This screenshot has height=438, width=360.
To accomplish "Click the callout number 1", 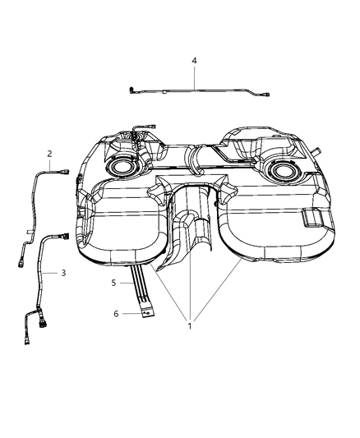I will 191,325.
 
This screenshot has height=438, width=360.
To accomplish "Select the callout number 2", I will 50,154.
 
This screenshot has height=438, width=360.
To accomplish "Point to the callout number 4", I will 195,60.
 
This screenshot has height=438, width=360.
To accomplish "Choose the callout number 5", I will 115,282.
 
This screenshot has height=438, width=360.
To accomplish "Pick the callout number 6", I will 115,313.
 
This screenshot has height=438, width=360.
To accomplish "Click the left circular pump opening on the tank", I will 123,168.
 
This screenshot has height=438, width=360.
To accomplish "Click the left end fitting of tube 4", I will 133,86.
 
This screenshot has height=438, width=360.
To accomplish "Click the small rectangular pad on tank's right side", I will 315,218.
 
